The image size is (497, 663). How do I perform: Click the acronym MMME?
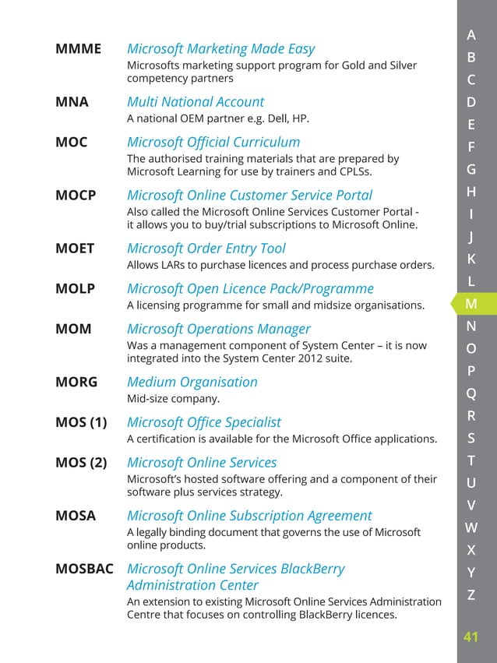pyautogui.click(x=78, y=49)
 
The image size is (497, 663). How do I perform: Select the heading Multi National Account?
pyautogui.click(x=195, y=102)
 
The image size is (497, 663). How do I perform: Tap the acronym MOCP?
pyautogui.click(x=76, y=196)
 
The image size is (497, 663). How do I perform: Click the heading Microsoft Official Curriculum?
pyautogui.click(x=213, y=143)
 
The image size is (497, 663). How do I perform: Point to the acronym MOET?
pyautogui.click(x=75, y=249)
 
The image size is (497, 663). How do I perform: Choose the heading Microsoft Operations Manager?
pyautogui.click(x=218, y=329)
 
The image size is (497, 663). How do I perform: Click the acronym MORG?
pyautogui.click(x=76, y=382)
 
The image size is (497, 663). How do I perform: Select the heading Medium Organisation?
pyautogui.click(x=192, y=382)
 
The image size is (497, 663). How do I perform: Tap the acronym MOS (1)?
pyautogui.click(x=81, y=422)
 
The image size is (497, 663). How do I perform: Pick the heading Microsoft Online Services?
pyautogui.click(x=201, y=463)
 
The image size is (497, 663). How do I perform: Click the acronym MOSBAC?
pyautogui.click(x=84, y=569)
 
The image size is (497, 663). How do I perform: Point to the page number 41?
pyautogui.click(x=471, y=637)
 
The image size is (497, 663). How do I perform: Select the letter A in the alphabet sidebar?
pyautogui.click(x=471, y=34)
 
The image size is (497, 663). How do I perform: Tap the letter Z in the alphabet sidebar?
pyautogui.click(x=471, y=595)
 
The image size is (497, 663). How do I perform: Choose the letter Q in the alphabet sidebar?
pyautogui.click(x=471, y=393)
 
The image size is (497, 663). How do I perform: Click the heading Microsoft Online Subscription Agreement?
pyautogui.click(x=248, y=516)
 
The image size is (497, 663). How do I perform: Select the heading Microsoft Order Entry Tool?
pyautogui.click(x=206, y=249)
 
